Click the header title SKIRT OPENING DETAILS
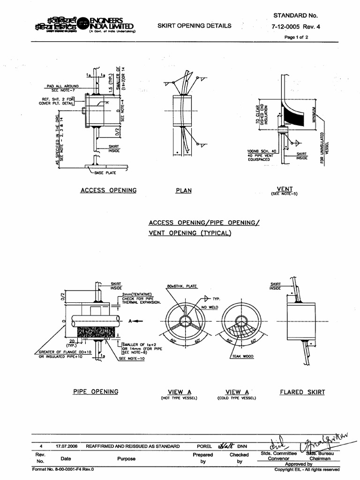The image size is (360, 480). click(195, 26)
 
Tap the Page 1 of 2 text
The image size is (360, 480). click(296, 37)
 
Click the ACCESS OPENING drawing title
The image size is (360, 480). click(108, 190)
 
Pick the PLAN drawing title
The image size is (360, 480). click(183, 191)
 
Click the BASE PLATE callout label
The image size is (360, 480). click(105, 172)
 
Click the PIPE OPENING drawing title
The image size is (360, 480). click(96, 391)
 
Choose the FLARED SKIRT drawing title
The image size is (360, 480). click(302, 392)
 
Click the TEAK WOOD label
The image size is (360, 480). click(242, 356)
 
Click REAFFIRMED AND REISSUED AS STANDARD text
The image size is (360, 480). click(133, 446)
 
